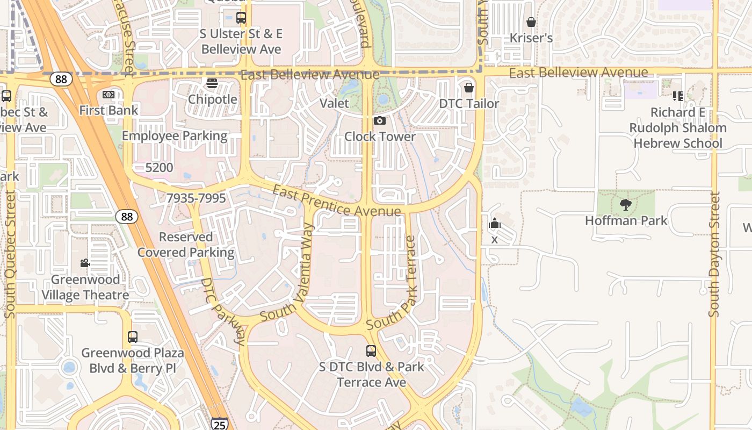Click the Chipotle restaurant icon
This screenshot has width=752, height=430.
tap(212, 83)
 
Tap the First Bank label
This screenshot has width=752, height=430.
tap(109, 110)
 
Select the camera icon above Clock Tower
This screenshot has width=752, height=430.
tap(380, 121)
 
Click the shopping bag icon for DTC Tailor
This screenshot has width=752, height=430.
tap(469, 88)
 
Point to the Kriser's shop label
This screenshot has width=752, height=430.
tap(531, 38)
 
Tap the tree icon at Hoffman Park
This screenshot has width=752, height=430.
tap(625, 205)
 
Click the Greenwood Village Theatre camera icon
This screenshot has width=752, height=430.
tap(85, 263)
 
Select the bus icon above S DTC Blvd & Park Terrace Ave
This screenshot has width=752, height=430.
tap(371, 351)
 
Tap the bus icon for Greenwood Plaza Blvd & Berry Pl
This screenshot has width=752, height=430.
tap(133, 337)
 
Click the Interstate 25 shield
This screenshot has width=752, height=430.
tap(219, 424)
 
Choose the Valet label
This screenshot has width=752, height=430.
tap(334, 103)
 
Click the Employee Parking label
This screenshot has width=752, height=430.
tap(175, 135)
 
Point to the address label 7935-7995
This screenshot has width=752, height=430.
tap(196, 198)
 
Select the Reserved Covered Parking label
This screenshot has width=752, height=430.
tap(186, 245)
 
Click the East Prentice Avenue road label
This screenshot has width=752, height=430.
tap(336, 202)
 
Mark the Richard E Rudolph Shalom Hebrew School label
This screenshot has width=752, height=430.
tap(677, 128)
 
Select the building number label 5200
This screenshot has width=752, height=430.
tap(159, 168)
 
